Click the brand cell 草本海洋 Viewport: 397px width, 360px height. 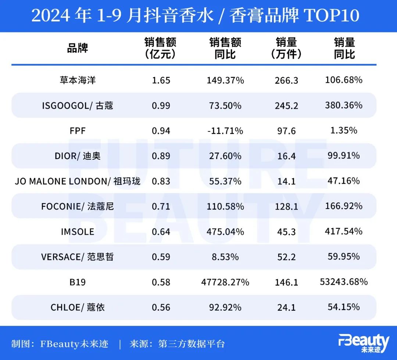click(78, 80)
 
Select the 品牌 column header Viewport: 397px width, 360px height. click(78, 48)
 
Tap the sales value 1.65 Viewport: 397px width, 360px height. click(161, 80)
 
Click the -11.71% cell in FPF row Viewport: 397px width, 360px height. click(225, 131)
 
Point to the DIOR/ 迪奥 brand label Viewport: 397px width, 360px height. click(78, 156)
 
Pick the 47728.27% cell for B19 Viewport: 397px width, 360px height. click(225, 282)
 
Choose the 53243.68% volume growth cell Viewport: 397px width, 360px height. click(344, 282)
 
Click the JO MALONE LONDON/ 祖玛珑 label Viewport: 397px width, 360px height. click(78, 181)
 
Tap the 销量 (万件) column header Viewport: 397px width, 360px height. click(286, 48)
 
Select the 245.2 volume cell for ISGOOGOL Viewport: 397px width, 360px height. click(286, 106)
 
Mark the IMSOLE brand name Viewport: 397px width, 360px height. click(78, 232)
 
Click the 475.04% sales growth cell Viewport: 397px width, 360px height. click(225, 232)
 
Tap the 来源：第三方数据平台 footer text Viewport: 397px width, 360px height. click(177, 344)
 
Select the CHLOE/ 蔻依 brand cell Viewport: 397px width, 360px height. click(78, 307)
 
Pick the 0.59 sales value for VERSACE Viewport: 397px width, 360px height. click(161, 257)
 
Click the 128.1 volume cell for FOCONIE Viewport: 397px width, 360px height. click(286, 207)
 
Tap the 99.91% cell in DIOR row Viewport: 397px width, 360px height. click(344, 155)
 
